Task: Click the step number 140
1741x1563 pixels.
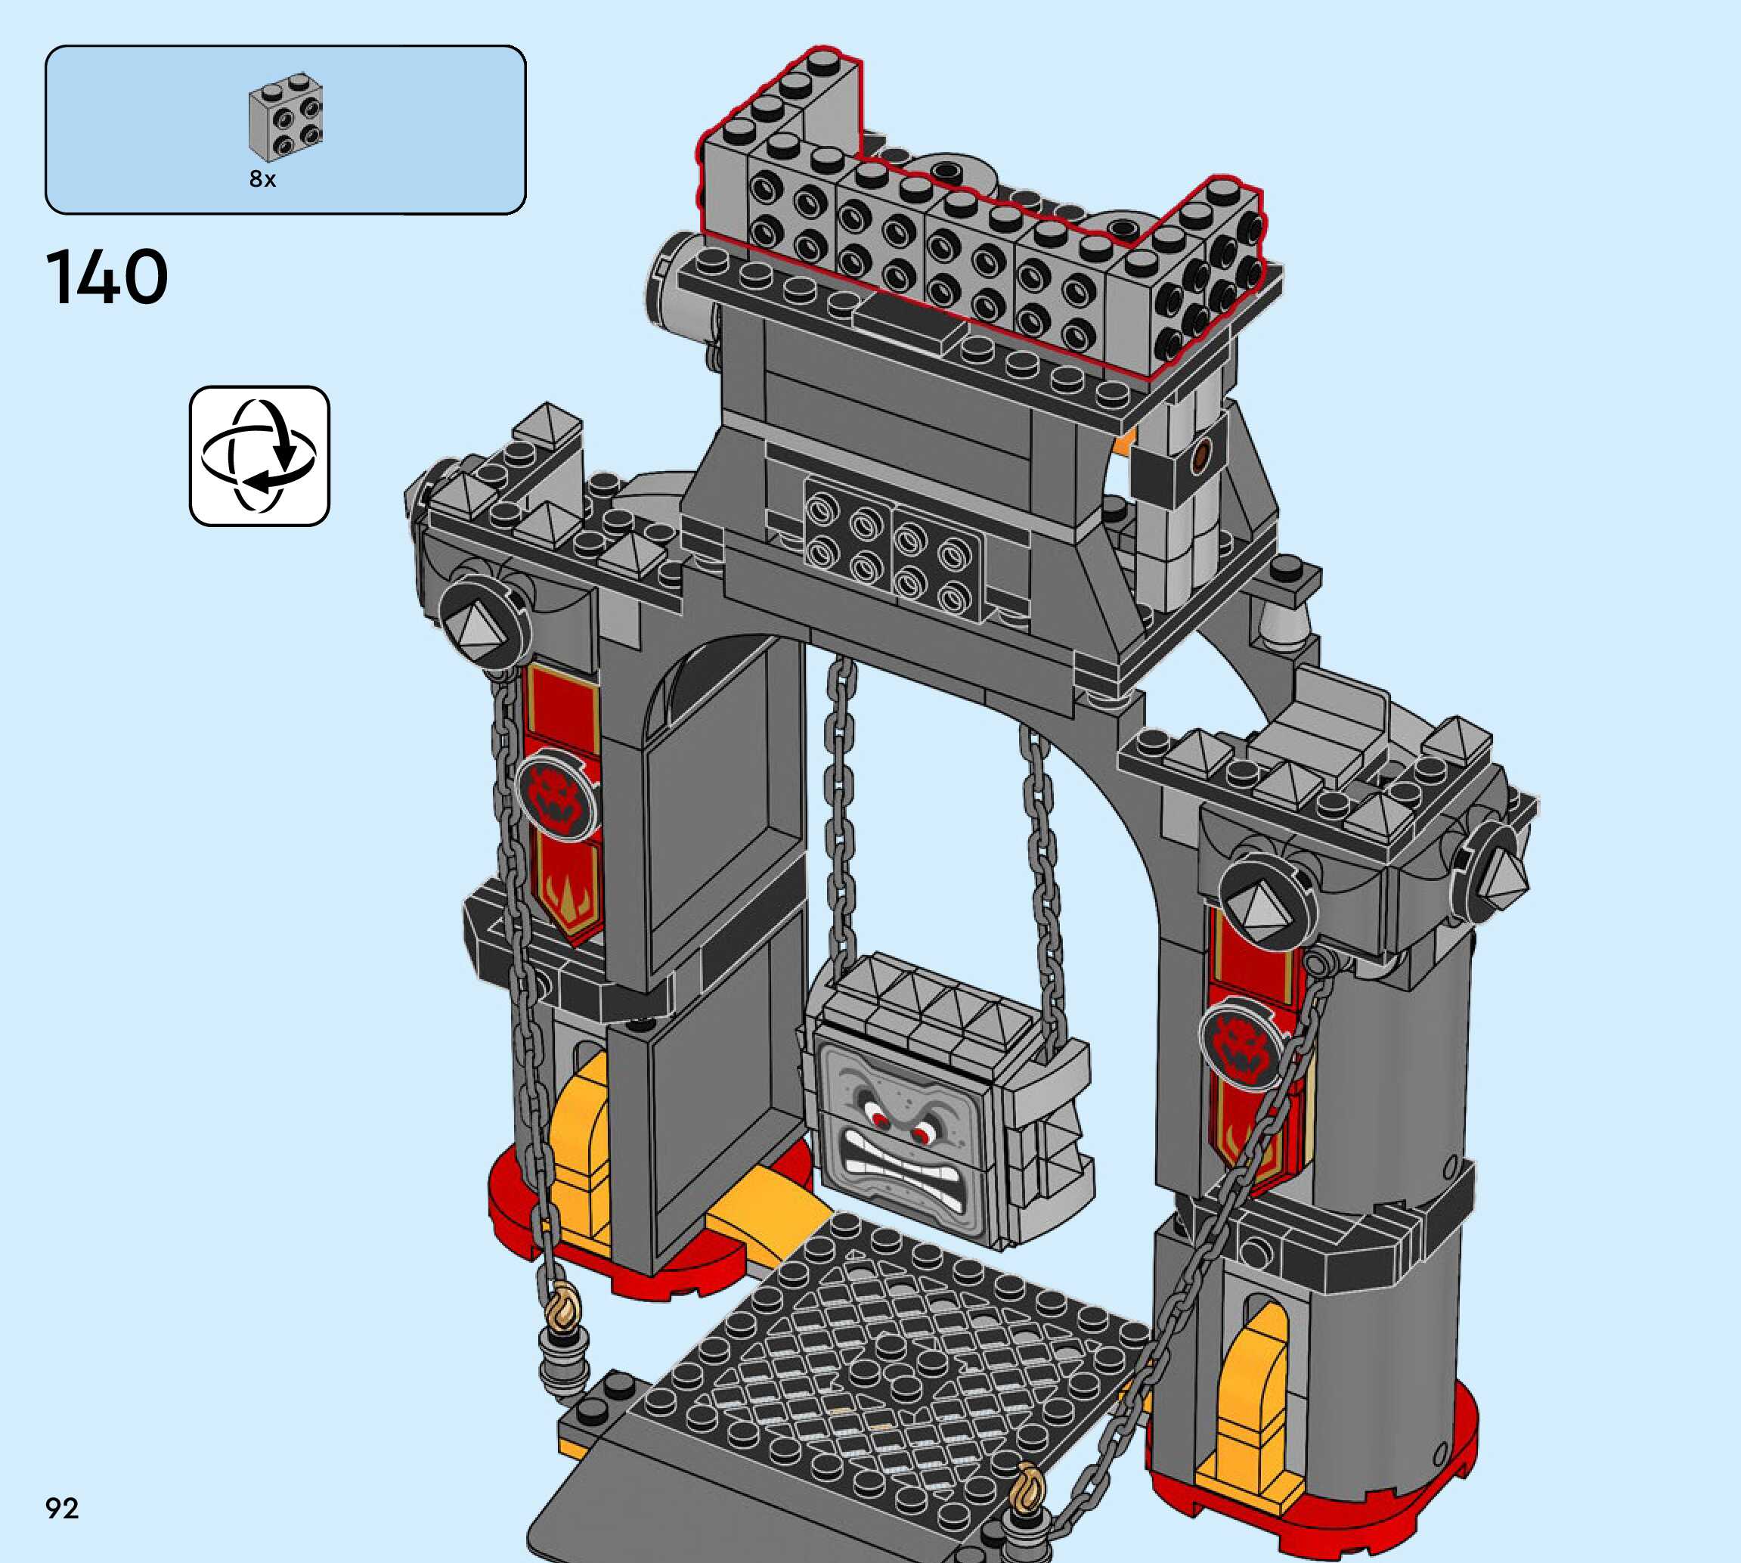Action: (107, 277)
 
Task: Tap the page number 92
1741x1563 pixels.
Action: (62, 1508)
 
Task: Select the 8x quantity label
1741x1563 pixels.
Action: (262, 178)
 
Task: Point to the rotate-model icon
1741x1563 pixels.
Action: (259, 456)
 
